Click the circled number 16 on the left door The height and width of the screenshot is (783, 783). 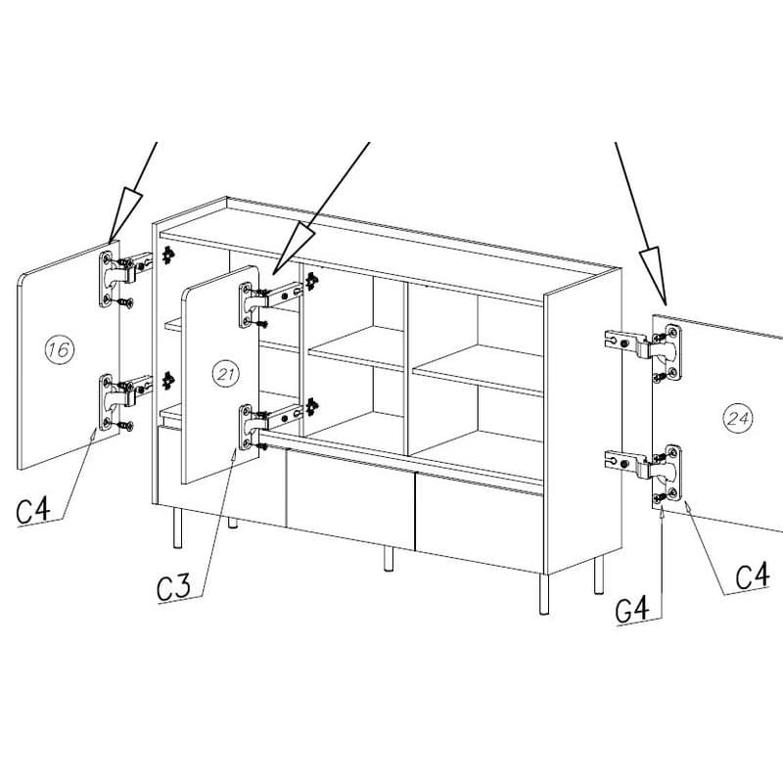tap(60, 349)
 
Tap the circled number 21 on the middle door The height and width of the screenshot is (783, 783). tap(225, 374)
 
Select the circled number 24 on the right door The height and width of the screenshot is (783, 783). tap(738, 418)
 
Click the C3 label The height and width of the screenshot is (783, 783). tap(173, 587)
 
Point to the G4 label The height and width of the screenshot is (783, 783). tap(632, 609)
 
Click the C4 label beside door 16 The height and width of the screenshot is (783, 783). tap(33, 510)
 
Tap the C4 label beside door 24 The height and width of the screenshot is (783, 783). tap(752, 576)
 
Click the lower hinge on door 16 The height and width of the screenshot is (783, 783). tap(125, 401)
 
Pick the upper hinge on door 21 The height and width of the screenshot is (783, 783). tap(270, 304)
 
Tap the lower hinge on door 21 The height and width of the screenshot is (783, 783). tap(270, 426)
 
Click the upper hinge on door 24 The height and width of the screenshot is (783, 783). tap(643, 352)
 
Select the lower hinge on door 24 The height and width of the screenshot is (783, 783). tap(643, 473)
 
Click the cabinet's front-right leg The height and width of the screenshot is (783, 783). tap(544, 594)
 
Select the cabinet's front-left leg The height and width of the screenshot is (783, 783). tap(177, 529)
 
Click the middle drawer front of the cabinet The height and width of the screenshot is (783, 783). tap(350, 498)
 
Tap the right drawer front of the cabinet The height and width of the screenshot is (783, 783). tap(480, 523)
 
